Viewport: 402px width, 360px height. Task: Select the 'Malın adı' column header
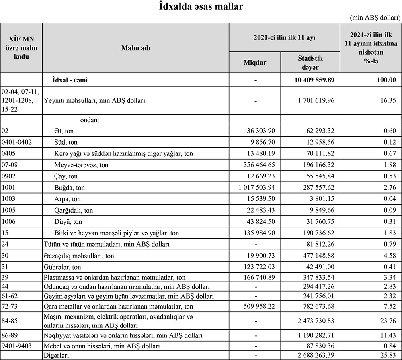click(x=136, y=48)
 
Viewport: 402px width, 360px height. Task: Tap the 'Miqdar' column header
click(x=255, y=63)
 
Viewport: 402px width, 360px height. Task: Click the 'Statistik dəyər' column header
click(x=310, y=63)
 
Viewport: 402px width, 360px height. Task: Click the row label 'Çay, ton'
click(x=66, y=176)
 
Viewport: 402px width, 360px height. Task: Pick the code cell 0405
click(x=10, y=154)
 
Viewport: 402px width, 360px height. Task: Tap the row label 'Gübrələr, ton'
click(x=62, y=267)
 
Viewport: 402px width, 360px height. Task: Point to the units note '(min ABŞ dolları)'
click(x=375, y=18)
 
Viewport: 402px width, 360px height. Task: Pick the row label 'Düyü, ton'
click(x=68, y=222)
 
